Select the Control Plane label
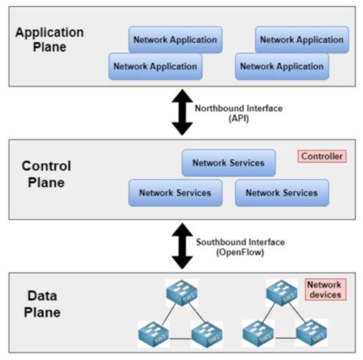click(x=47, y=174)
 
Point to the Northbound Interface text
click(x=239, y=108)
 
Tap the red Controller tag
click(x=322, y=156)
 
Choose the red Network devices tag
click(x=324, y=290)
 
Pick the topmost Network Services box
click(x=228, y=162)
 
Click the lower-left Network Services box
click(x=175, y=193)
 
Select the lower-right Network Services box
click(x=282, y=193)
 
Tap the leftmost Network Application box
click(x=155, y=67)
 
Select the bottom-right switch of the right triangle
click(x=311, y=334)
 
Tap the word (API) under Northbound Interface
click(x=239, y=119)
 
